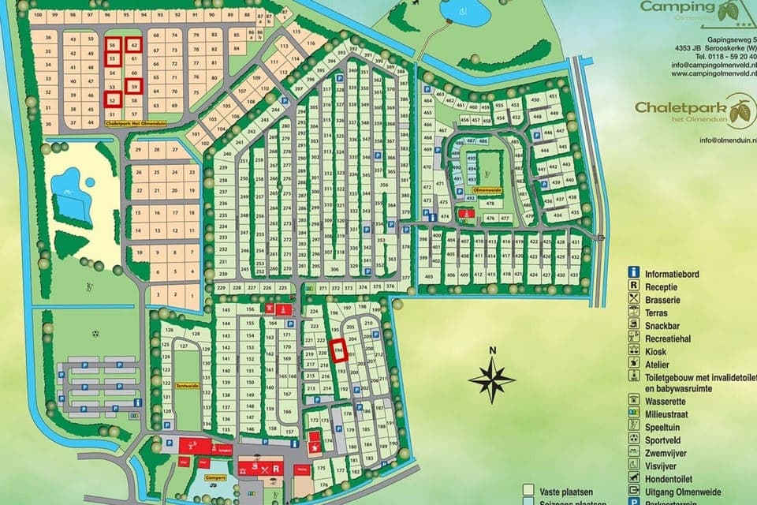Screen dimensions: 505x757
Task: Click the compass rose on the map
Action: [491, 380]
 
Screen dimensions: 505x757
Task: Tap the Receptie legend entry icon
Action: [632, 287]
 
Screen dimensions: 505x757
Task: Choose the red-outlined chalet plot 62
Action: [134, 47]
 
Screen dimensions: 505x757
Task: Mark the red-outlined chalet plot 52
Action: [113, 99]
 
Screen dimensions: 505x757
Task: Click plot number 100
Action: [36, 15]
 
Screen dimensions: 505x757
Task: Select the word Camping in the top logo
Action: [671, 7]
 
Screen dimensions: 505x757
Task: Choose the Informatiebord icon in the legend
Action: [632, 274]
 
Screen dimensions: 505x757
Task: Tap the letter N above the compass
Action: [491, 350]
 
